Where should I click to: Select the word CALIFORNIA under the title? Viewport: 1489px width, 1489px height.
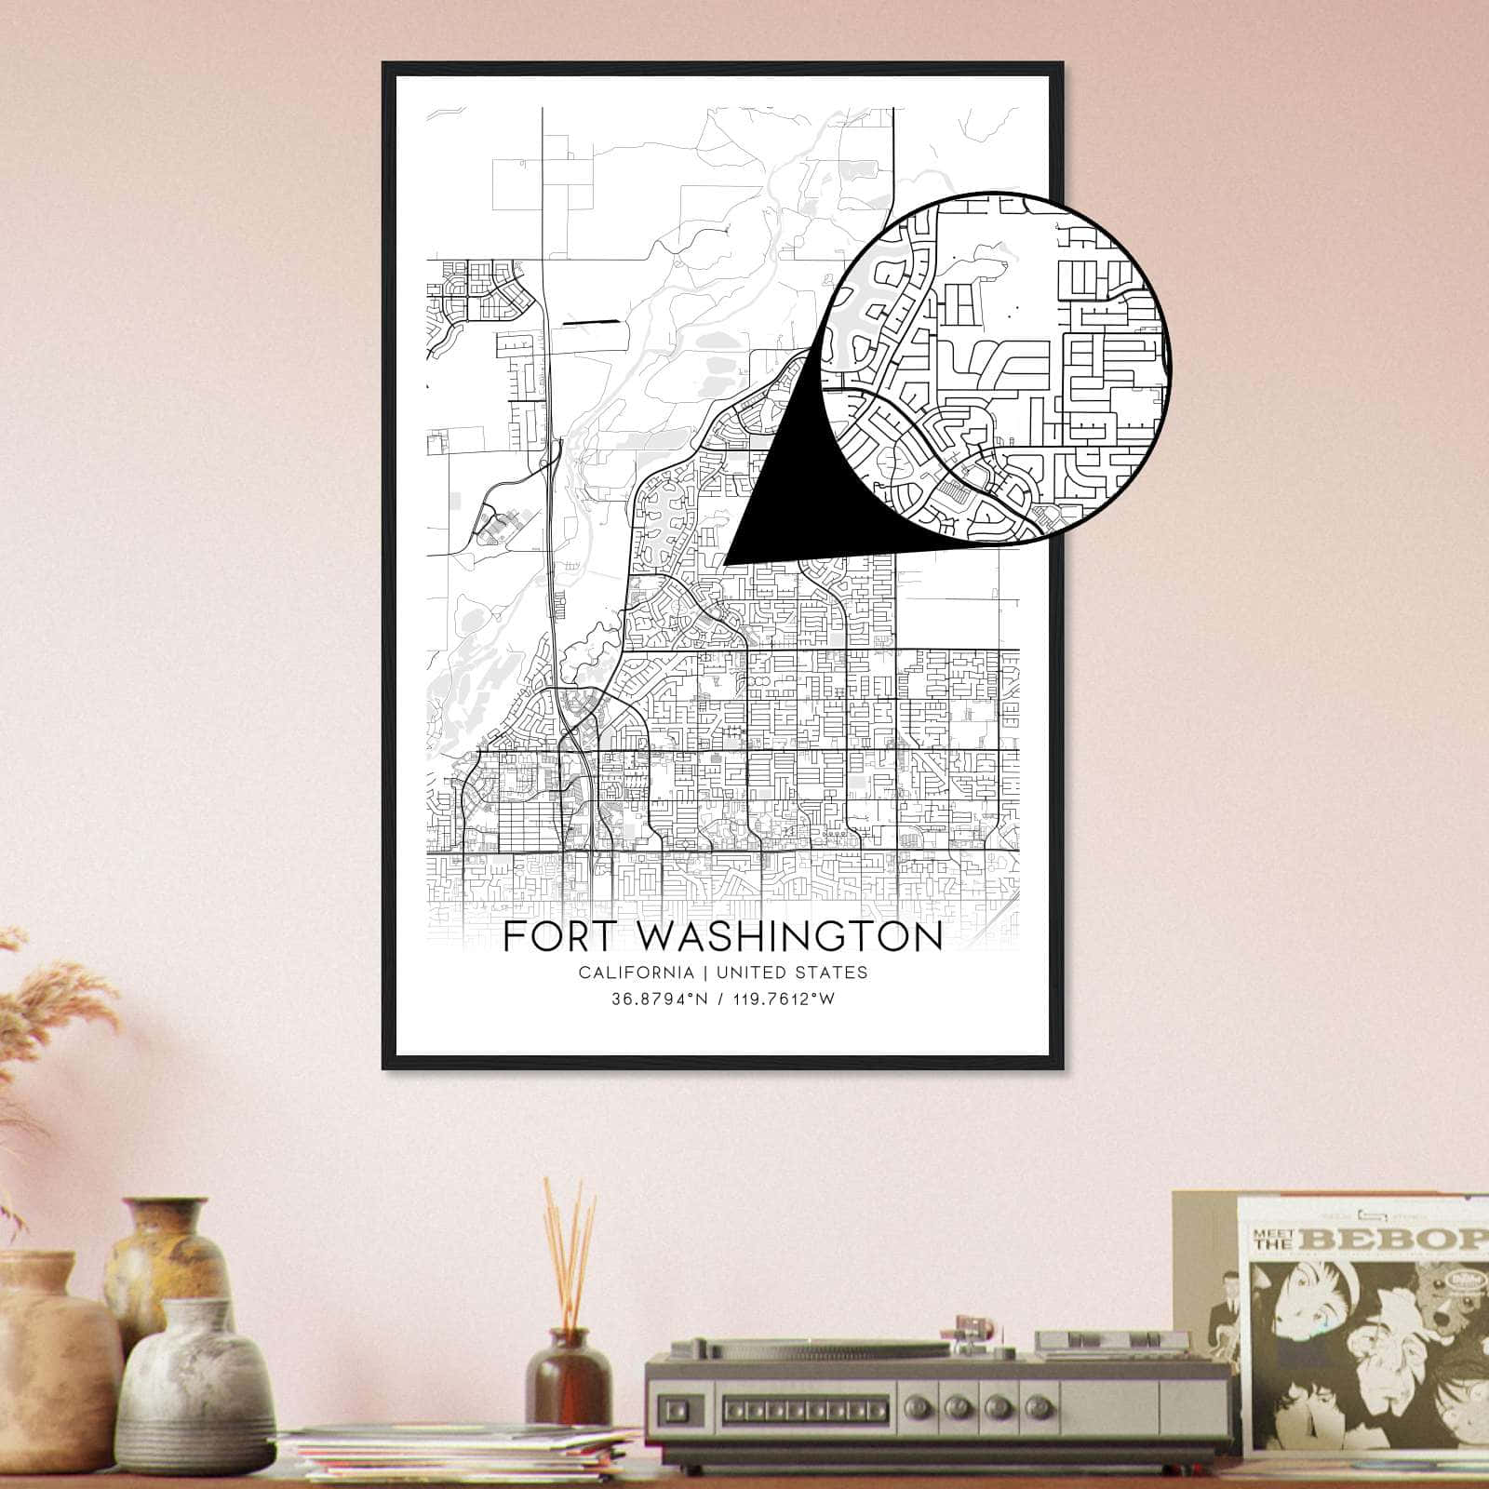click(x=636, y=973)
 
